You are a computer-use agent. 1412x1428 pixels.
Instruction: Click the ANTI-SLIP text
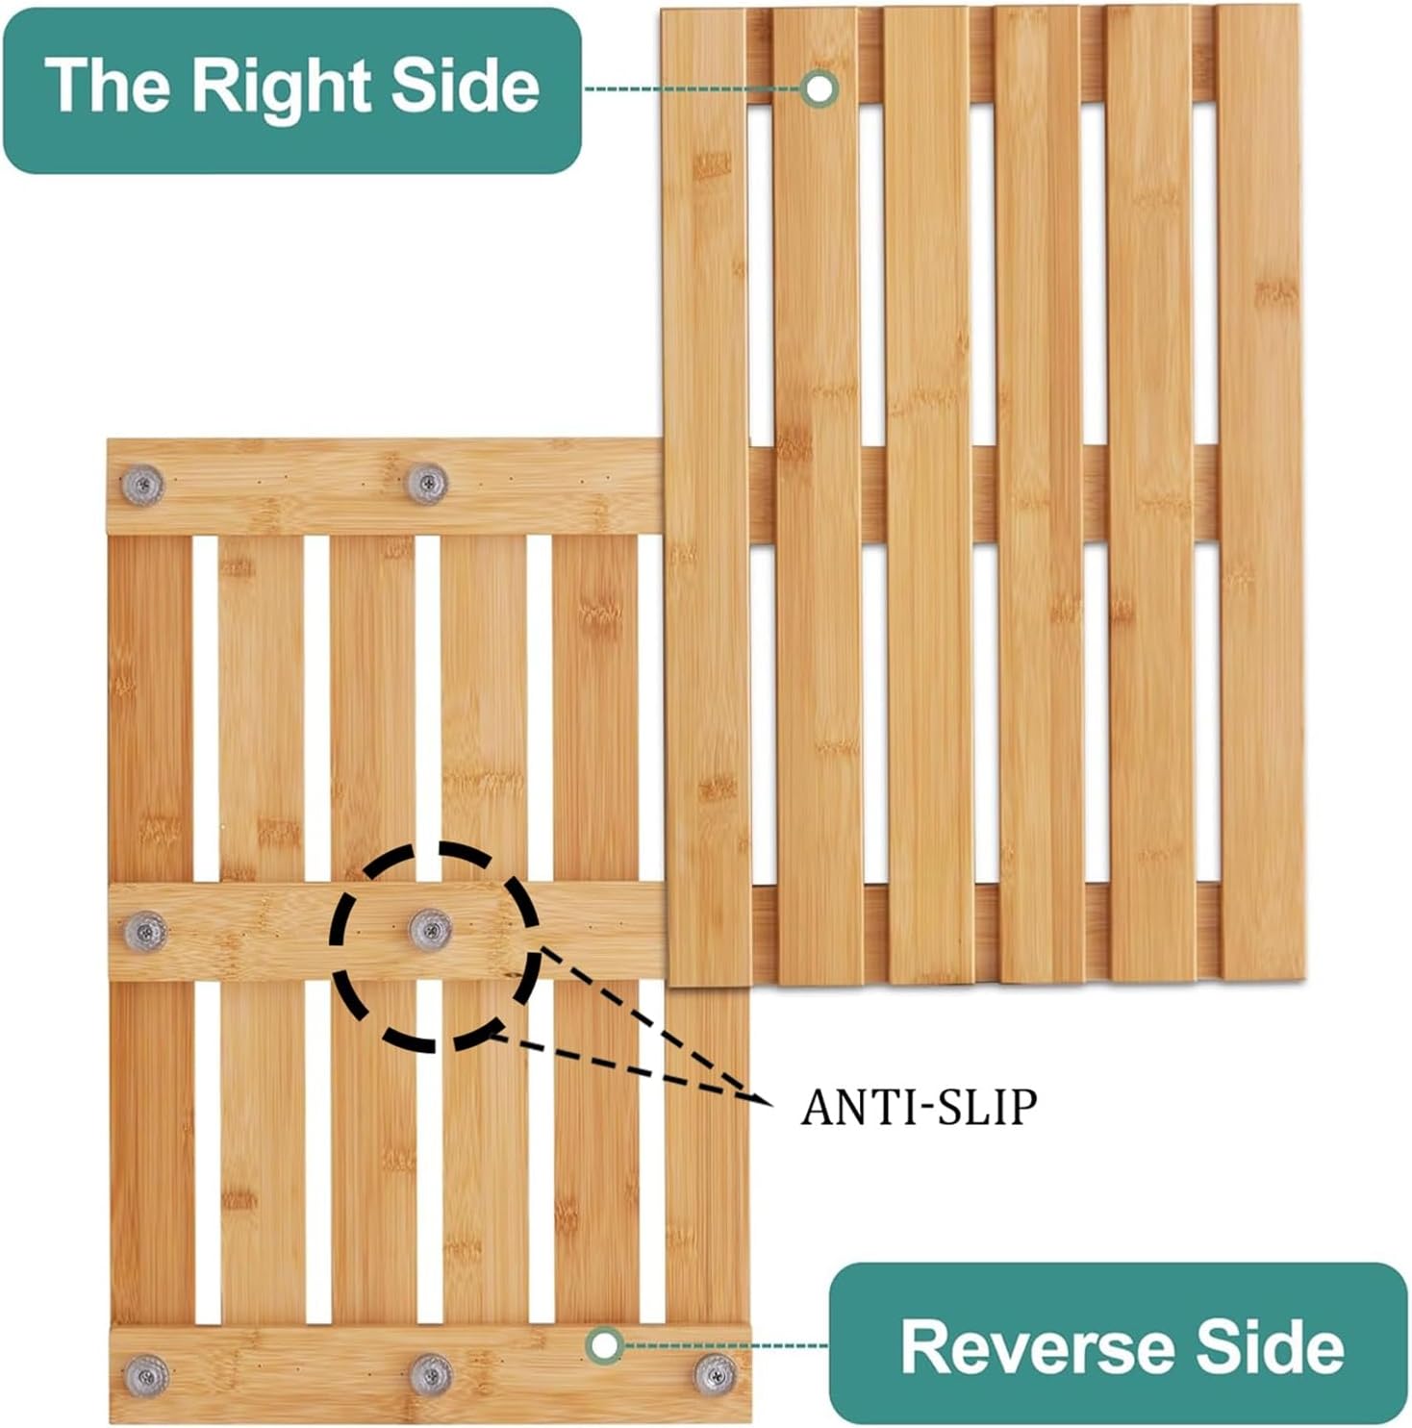[x=919, y=1108]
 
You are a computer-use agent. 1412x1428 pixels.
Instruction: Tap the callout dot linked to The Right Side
[x=819, y=88]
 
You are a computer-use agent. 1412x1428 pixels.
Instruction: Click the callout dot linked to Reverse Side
[x=604, y=1345]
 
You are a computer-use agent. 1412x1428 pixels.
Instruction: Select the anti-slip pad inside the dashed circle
[x=430, y=930]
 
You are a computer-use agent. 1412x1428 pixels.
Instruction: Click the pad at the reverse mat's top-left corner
[x=142, y=485]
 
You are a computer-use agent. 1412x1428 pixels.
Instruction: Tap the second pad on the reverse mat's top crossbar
[x=427, y=484]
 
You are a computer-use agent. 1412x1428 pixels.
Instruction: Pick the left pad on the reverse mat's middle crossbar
[x=145, y=931]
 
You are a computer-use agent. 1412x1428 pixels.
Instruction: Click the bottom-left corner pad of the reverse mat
[x=146, y=1375]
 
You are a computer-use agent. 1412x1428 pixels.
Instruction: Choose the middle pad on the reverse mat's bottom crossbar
[x=431, y=1374]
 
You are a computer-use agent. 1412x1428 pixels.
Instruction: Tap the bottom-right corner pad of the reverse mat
[x=716, y=1374]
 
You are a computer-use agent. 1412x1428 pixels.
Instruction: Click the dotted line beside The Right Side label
[x=693, y=88]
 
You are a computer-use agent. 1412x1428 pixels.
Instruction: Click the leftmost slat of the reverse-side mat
[x=152, y=931]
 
